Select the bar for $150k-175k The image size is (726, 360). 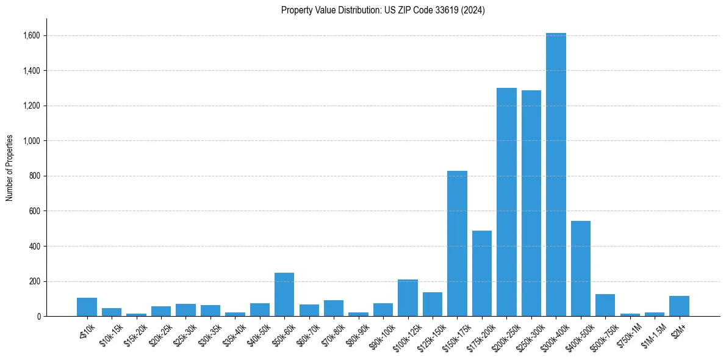457,243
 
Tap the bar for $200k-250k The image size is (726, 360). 506,202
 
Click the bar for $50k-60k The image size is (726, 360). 284,295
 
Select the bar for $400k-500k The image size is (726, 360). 581,268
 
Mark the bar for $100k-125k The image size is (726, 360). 408,298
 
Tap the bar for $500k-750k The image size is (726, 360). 605,305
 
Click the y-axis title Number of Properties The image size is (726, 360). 10,168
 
